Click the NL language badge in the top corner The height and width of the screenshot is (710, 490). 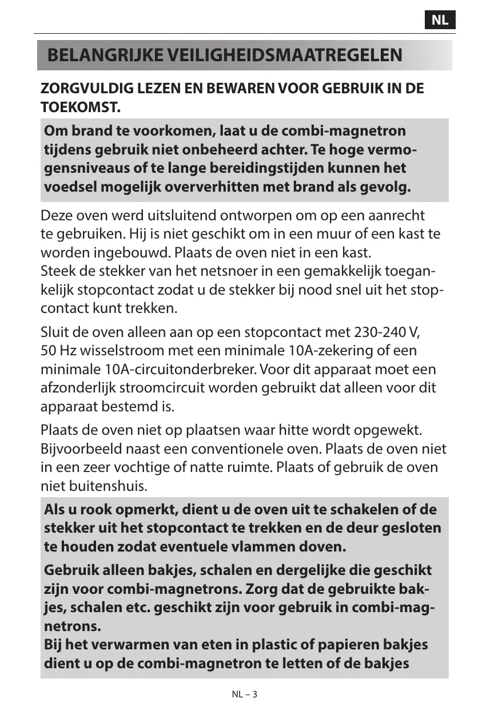440,20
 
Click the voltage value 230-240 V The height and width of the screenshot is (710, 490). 388,332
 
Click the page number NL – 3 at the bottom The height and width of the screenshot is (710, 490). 245,695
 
